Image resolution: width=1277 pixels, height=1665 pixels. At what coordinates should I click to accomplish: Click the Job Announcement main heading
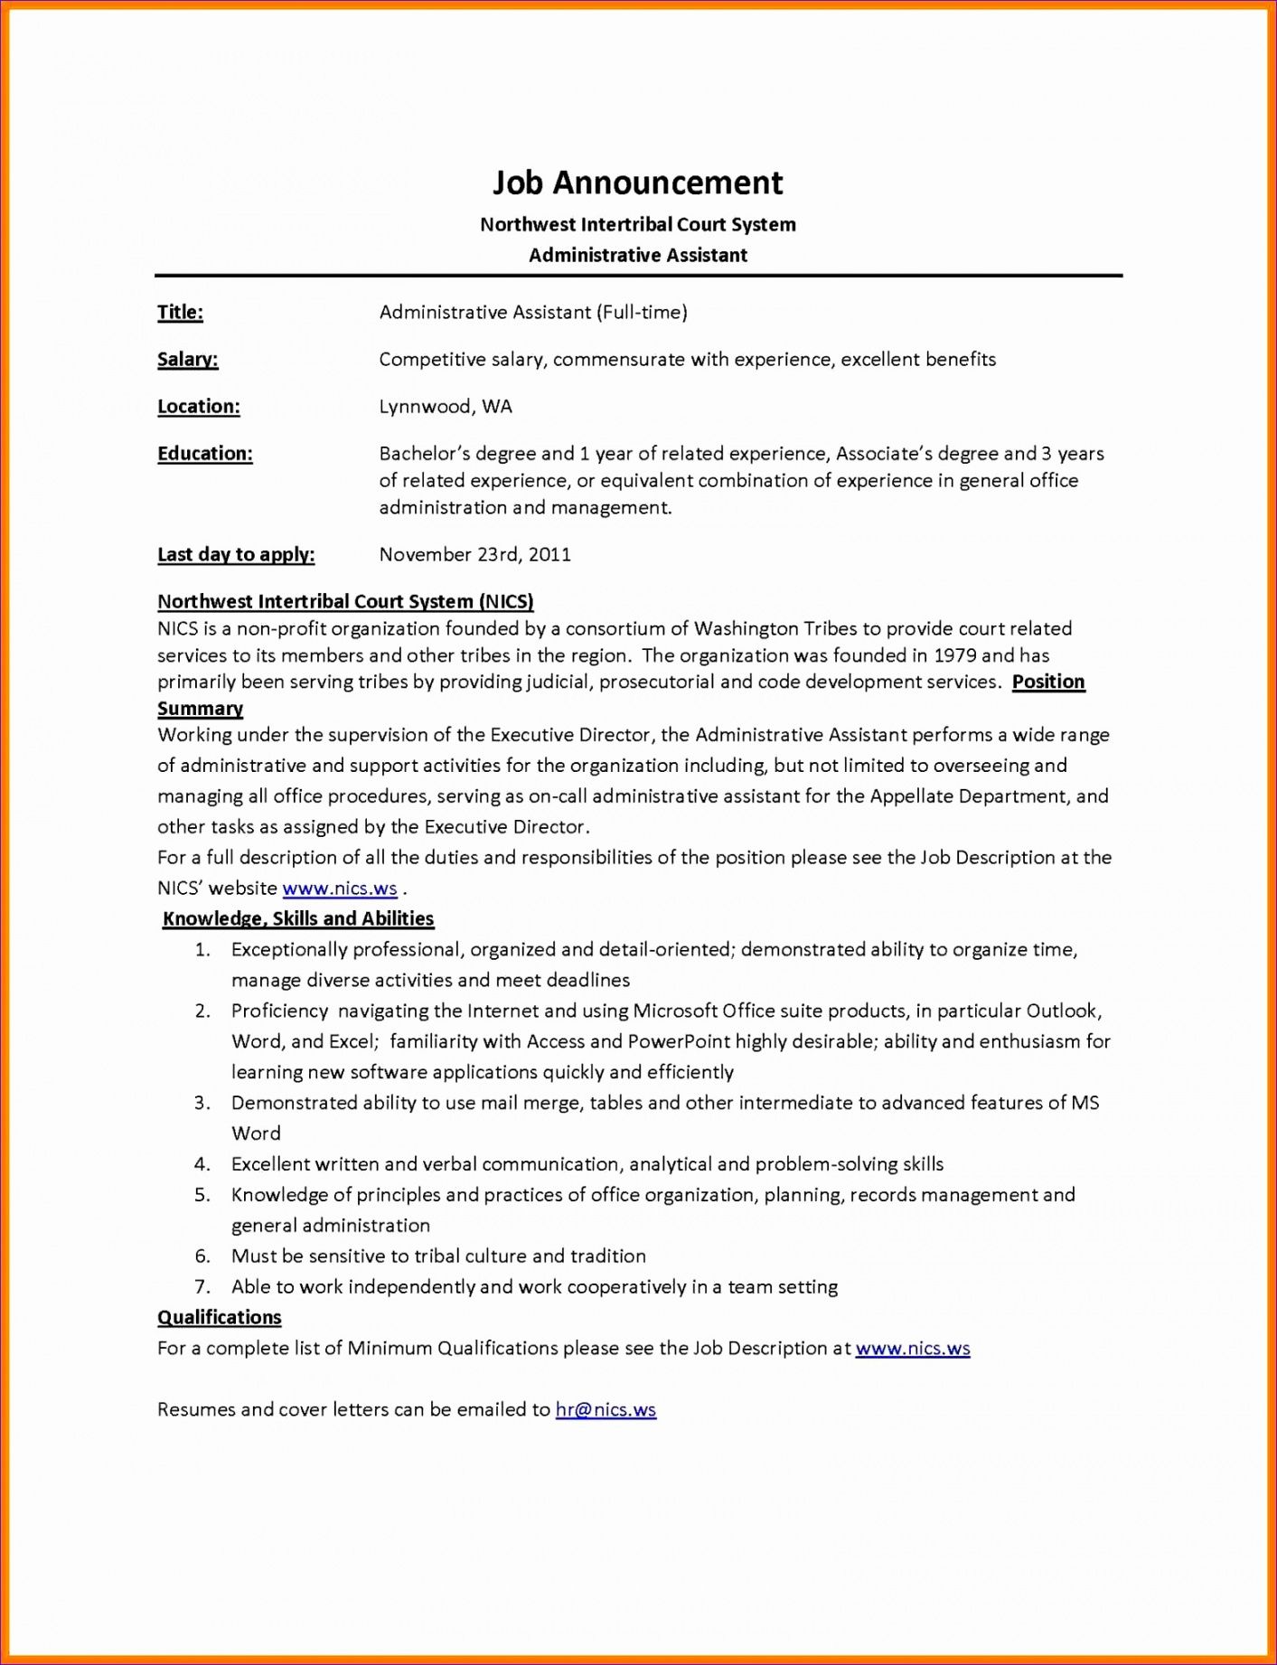coord(637,183)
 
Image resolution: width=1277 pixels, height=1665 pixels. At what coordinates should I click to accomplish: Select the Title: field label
coord(180,313)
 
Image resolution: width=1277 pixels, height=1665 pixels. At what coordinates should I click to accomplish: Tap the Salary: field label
coord(187,360)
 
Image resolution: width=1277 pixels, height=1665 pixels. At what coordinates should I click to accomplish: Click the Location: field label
coord(198,407)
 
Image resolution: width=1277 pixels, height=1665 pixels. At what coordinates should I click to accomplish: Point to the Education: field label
coord(204,454)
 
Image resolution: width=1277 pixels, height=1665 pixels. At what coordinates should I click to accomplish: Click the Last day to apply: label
coord(235,555)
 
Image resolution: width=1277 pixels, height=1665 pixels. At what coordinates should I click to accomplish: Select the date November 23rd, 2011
coord(474,555)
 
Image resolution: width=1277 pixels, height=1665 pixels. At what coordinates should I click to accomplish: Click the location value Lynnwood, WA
coord(445,407)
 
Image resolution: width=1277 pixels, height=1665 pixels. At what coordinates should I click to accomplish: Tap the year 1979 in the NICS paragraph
coord(954,655)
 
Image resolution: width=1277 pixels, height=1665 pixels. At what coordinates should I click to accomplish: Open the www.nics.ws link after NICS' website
coord(340,889)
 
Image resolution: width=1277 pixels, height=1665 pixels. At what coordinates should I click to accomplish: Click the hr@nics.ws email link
coord(606,1410)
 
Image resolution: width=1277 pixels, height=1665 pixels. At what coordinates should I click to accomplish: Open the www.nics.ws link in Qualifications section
coord(912,1349)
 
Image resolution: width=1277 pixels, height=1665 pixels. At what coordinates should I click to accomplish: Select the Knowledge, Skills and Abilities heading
coord(298,919)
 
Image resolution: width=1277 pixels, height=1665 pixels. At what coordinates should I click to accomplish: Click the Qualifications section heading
coord(219,1318)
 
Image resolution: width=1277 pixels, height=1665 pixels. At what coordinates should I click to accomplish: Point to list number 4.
coord(202,1164)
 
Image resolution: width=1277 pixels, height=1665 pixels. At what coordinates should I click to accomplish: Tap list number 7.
coord(202,1287)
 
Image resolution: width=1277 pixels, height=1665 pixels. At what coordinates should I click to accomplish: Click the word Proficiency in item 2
coord(279,1011)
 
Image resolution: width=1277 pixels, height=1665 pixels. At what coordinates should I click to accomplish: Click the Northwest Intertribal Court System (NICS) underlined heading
coord(345,602)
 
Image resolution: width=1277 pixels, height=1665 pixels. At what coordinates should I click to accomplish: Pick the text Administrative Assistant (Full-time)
coord(533,313)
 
